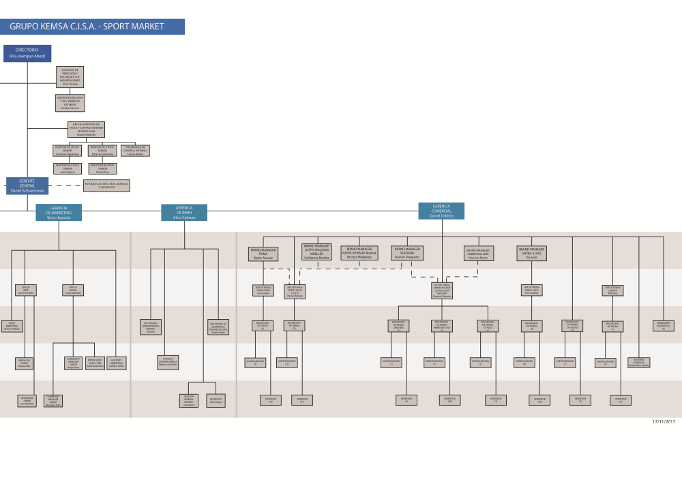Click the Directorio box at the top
27,53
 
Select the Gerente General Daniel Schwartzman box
27,185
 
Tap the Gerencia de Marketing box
59,212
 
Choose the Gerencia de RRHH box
184,212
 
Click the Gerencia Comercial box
441,211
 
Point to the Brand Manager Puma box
263,254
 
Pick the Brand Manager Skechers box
407,252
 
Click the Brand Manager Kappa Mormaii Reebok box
359,252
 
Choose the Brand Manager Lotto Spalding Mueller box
316,252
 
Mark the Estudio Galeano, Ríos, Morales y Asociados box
106,185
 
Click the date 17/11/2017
664,422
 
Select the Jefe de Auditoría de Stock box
86,130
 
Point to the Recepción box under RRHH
216,401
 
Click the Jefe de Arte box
26,290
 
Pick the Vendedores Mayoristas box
663,326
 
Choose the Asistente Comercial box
640,362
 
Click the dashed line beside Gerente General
65,185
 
